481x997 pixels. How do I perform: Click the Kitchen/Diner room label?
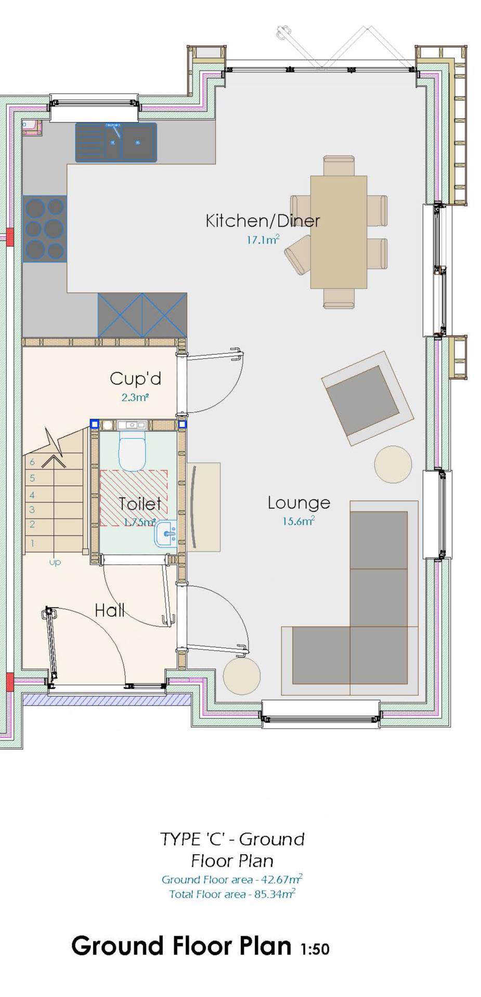263,221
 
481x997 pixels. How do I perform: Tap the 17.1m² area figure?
263,240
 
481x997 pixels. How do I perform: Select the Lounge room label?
299,503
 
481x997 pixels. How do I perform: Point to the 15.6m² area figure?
298,521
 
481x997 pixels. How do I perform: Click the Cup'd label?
135,379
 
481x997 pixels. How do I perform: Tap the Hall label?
110,610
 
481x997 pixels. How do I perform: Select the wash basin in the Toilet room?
166,533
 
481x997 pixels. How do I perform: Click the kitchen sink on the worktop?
116,142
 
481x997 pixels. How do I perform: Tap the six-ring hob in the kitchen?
45,229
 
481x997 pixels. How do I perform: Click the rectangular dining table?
339,232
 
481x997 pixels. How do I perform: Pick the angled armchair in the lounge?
368,398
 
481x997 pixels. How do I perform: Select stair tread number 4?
54,494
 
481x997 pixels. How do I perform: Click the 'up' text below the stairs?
55,562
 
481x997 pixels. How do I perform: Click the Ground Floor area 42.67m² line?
232,879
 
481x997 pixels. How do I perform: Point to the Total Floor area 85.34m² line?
232,894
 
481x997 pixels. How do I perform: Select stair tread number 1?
54,543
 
